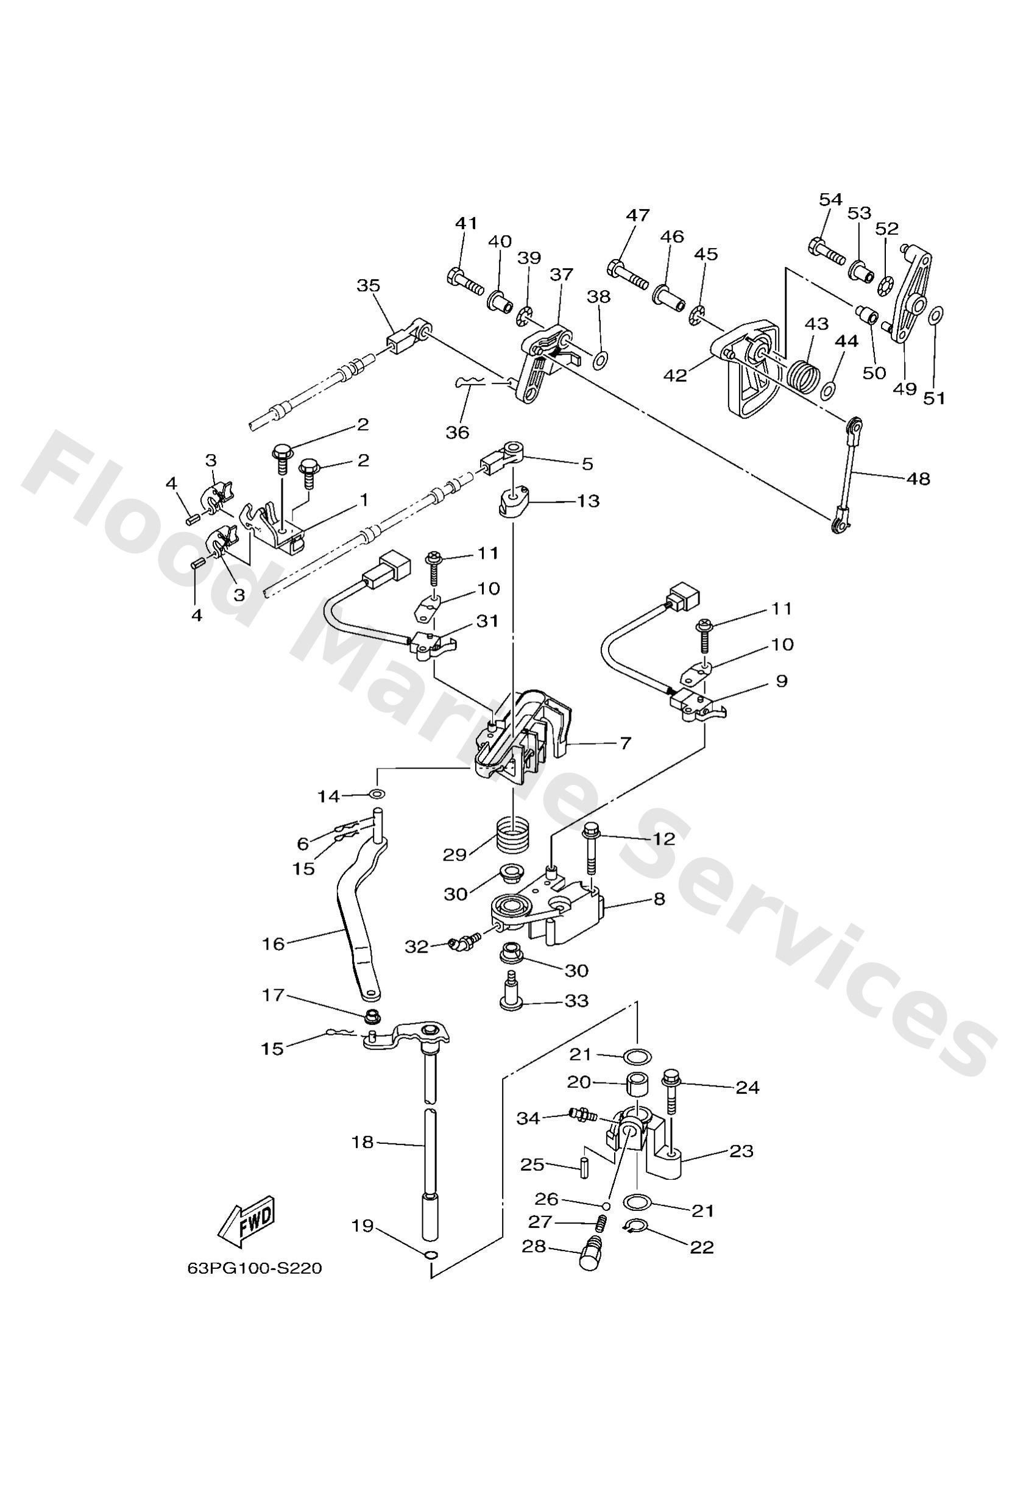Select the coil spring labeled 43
804,375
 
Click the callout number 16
273,944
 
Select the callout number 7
624,743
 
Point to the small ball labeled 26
605,1205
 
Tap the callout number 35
369,286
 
